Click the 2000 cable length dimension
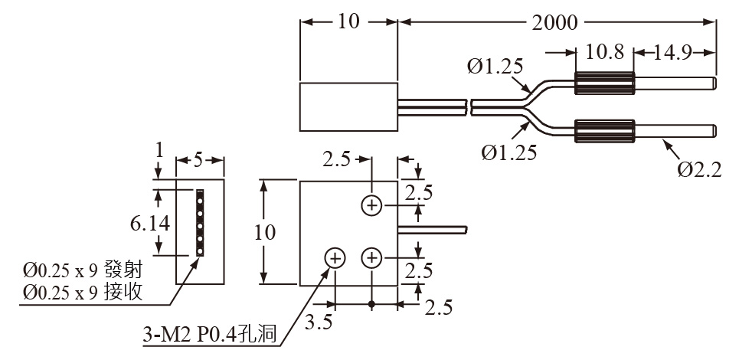tap(555, 22)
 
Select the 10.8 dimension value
tap(605, 52)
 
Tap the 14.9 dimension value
tap(674, 52)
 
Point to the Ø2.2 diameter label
tap(699, 169)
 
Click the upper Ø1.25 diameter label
tap(494, 67)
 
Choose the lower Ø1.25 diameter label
tap(509, 152)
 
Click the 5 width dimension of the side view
tap(198, 161)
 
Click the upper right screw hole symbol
tap(371, 205)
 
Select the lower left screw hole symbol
tap(335, 259)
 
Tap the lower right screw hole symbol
tap(371, 259)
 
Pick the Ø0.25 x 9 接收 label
tap(83, 292)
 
